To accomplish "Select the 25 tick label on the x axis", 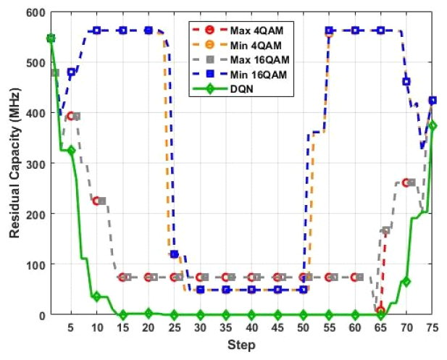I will (x=174, y=327).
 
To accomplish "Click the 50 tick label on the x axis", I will (x=304, y=327).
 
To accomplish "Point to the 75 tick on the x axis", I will (x=433, y=327).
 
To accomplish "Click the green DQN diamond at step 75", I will (x=433, y=125).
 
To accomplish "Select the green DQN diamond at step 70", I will (x=406, y=282).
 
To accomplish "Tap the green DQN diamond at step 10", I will (x=96, y=296).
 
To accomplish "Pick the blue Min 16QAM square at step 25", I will (x=174, y=254).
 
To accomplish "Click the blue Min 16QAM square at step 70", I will (x=406, y=82).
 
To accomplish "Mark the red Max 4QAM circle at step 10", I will (x=96, y=201).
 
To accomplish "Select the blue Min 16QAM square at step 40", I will (x=251, y=290).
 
